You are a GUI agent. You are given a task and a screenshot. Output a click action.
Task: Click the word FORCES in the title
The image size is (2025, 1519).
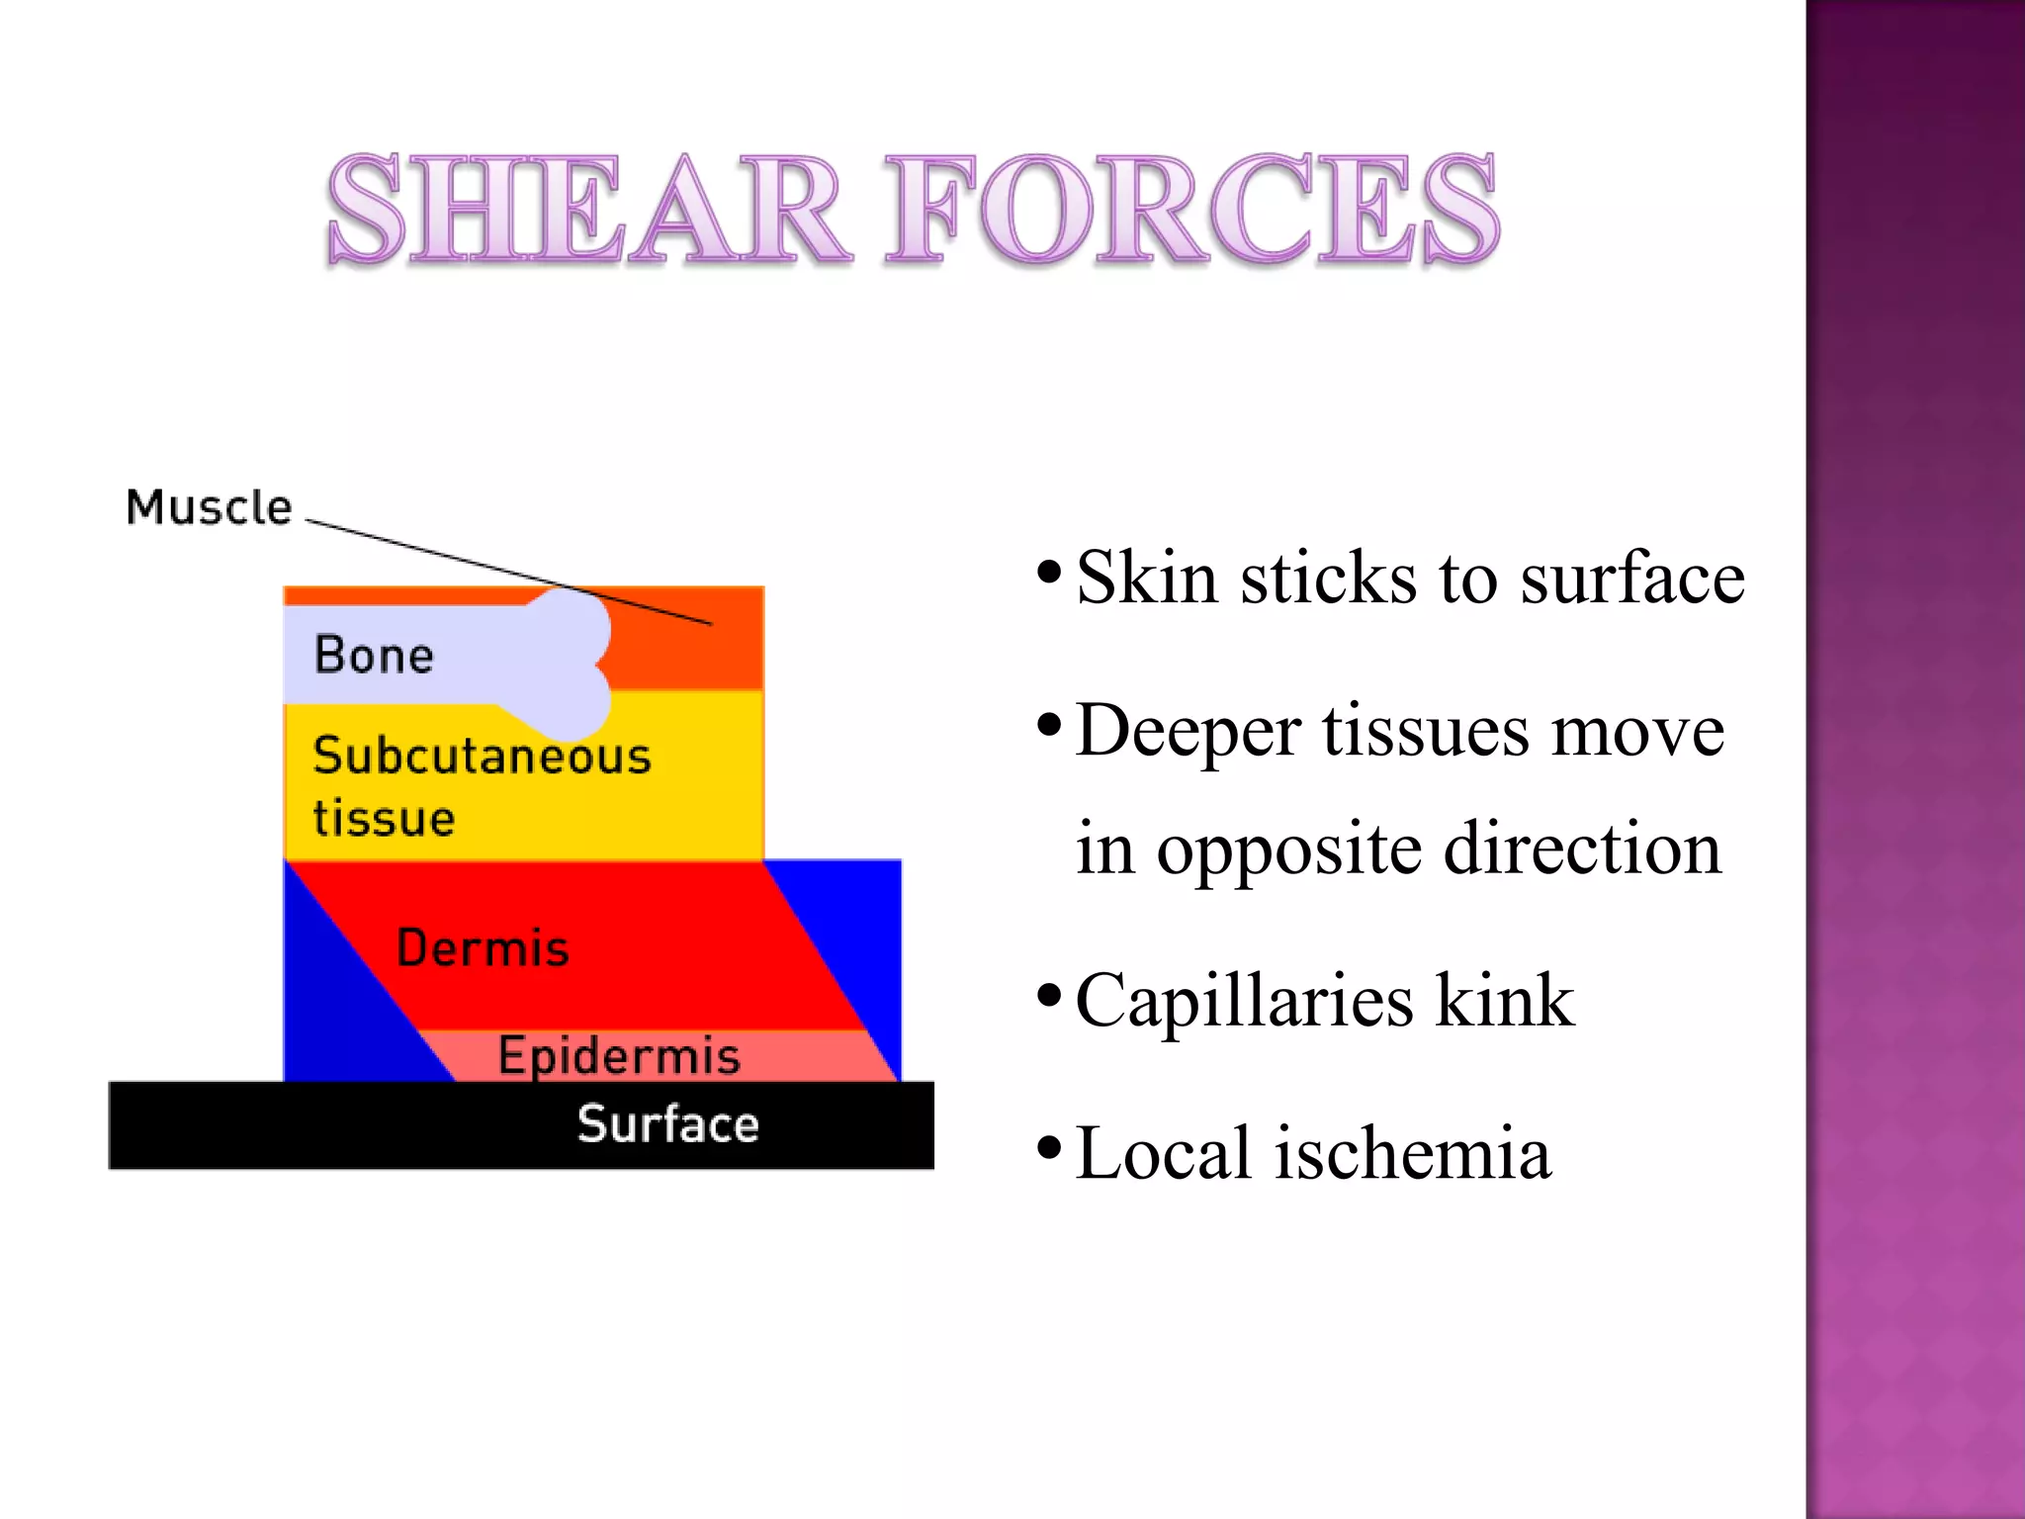click(1191, 211)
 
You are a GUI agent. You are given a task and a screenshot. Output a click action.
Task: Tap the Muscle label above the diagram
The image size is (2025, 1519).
click(210, 508)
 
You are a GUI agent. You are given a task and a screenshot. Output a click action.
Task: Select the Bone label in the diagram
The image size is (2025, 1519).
click(374, 656)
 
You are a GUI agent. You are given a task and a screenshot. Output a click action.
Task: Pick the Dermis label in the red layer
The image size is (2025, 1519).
click(483, 948)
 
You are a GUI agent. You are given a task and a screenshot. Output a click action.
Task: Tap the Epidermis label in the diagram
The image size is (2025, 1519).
click(619, 1056)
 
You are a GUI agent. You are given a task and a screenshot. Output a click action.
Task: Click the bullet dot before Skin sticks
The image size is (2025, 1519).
click(1049, 573)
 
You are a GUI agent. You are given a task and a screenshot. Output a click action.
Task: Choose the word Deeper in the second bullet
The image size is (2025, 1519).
click(1188, 732)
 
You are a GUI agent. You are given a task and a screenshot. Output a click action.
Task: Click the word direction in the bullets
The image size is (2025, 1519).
click(1582, 849)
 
